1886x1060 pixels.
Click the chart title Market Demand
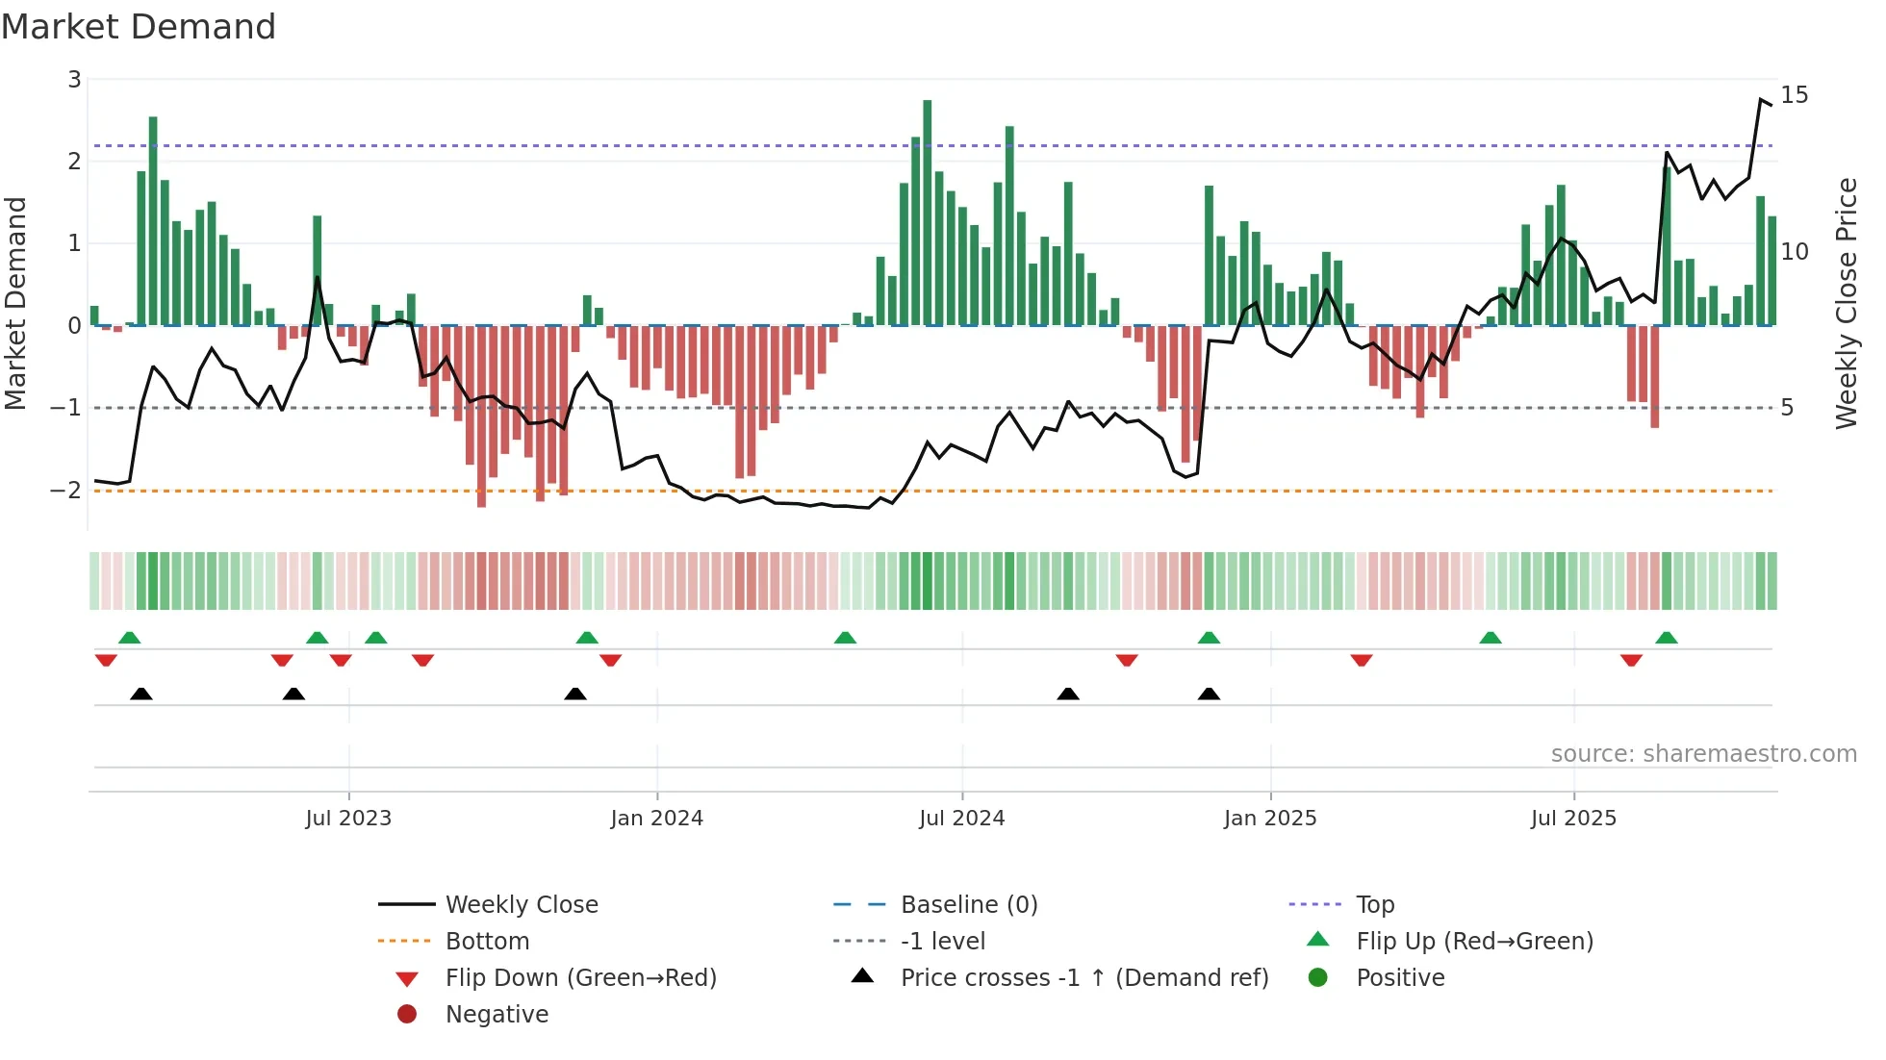pos(139,27)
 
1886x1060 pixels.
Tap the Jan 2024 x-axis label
pos(656,819)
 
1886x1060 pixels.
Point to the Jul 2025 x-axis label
pos(1573,819)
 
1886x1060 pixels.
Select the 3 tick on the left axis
pos(74,80)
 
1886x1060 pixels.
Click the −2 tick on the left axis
pos(66,491)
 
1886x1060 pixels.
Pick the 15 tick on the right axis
pos(1794,95)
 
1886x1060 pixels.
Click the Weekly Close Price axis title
pos(1846,303)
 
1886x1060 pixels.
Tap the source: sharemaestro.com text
pos(1703,754)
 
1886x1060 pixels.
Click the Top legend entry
pos(1375,905)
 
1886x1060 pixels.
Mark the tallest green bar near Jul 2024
pos(928,212)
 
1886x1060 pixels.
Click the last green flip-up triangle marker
pos(1667,638)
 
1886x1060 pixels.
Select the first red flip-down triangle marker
pos(106,660)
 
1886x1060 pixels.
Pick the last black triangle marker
pos(1209,694)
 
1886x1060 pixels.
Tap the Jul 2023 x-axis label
pos(348,819)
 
